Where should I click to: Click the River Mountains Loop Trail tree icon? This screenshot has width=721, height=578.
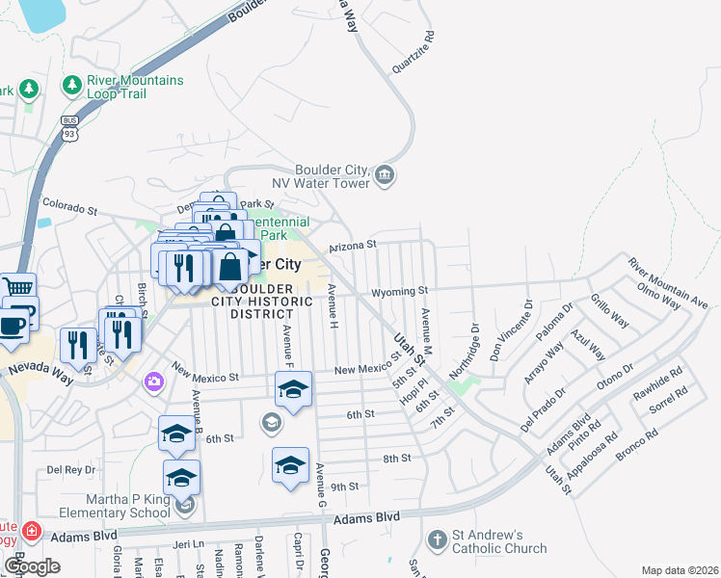click(x=72, y=86)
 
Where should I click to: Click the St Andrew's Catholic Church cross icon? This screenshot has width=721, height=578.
click(x=437, y=540)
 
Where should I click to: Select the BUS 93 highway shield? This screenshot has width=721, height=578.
click(x=68, y=127)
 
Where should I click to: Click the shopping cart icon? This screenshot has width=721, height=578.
click(x=17, y=286)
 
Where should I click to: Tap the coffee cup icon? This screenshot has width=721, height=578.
click(x=13, y=325)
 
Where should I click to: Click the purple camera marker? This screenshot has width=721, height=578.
click(x=153, y=382)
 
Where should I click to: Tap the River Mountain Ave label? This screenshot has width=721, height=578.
click(x=668, y=283)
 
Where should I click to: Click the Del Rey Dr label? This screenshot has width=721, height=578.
click(x=71, y=470)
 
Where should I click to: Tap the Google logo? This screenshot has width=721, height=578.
click(x=32, y=566)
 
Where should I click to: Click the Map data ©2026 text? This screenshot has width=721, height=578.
click(x=679, y=570)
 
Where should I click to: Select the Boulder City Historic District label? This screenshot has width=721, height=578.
click(x=262, y=301)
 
